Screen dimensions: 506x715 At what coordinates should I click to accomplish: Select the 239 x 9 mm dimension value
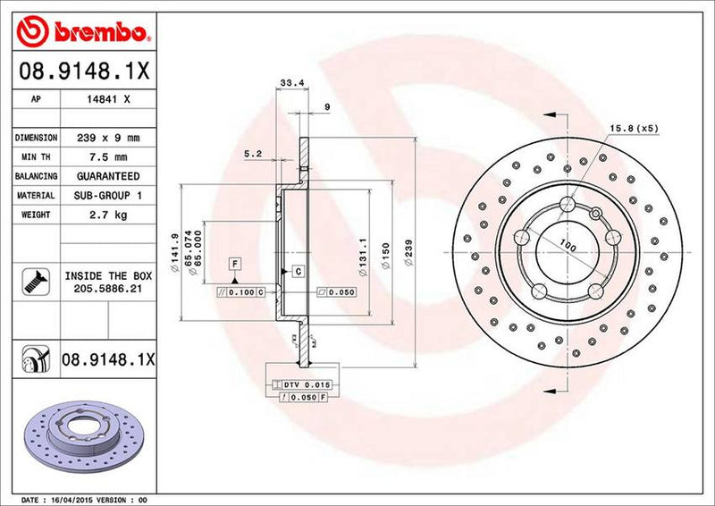(109, 139)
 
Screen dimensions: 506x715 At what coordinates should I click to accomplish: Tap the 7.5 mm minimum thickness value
(109, 157)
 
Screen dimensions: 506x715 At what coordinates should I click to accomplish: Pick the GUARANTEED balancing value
(109, 176)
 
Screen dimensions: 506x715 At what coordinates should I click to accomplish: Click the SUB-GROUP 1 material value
(109, 195)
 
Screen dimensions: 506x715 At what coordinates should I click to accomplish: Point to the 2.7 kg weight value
(109, 215)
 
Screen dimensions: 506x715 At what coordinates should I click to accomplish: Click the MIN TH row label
(35, 157)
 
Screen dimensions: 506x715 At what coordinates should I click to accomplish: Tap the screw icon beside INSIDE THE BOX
(33, 283)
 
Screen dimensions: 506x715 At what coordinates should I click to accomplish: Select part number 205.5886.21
(109, 290)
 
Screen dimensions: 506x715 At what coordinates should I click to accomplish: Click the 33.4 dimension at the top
(288, 83)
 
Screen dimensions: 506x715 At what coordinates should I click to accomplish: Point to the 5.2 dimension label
(252, 154)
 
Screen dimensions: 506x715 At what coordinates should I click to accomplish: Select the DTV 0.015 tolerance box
(306, 384)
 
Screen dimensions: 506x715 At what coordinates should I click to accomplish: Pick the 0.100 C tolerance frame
(241, 291)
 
